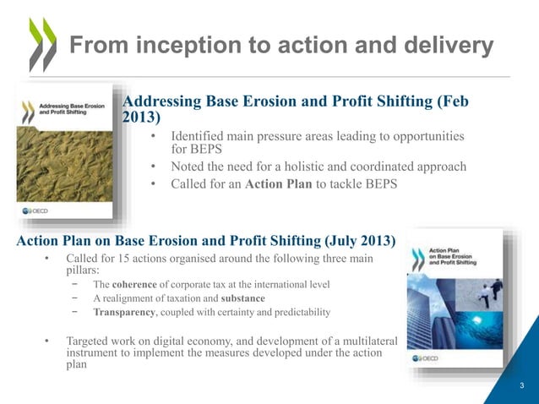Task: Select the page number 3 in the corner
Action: [522, 386]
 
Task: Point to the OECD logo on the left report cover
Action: [38, 210]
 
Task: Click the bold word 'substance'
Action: [242, 298]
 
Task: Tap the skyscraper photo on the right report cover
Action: [430, 313]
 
